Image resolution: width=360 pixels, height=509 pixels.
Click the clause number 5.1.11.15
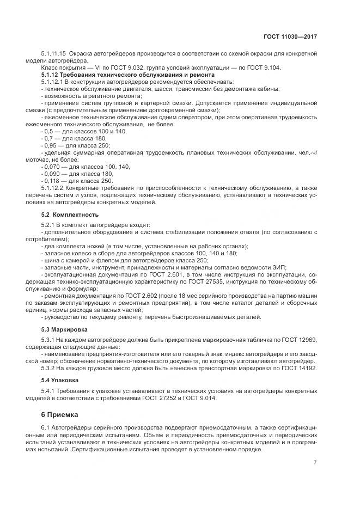coord(53,53)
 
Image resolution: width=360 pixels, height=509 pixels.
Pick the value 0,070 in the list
coord(53,167)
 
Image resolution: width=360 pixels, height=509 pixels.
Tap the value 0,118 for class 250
coord(53,181)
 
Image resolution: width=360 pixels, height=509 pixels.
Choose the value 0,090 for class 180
coord(53,174)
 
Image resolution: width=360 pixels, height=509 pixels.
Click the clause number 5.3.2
coord(50,368)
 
